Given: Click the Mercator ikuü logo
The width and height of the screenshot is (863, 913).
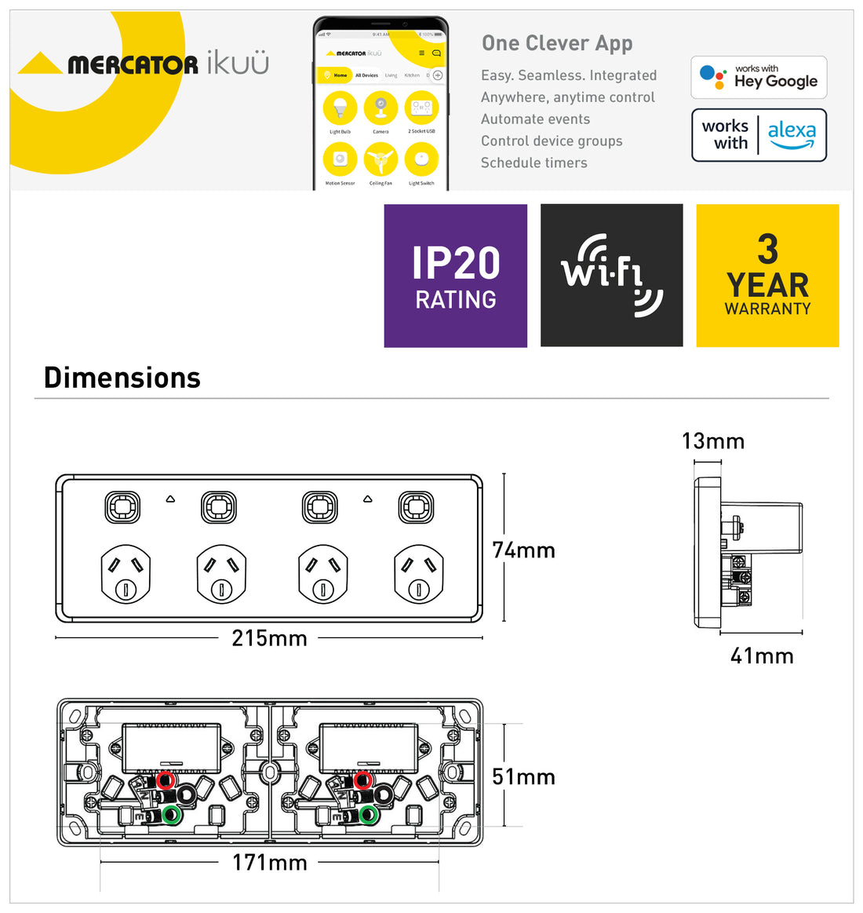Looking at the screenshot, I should (144, 64).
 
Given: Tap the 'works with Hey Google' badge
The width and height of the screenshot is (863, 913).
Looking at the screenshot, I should (759, 77).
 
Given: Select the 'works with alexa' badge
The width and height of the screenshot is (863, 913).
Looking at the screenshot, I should (759, 135).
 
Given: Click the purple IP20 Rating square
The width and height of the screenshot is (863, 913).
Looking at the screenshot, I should (455, 276).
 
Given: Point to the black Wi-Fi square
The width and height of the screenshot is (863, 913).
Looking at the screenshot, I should (611, 276).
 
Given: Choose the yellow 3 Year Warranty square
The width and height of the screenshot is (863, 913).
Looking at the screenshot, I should (767, 276).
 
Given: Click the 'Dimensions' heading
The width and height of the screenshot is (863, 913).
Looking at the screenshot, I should (122, 378).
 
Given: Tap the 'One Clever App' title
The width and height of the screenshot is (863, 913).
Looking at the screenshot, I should (557, 43).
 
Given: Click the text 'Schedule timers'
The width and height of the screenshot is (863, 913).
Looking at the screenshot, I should (533, 163).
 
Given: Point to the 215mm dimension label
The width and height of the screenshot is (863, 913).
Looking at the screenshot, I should (269, 638).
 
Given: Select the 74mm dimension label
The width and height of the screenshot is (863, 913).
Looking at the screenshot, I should (523, 550).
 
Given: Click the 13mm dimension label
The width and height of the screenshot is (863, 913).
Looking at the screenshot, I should (712, 441).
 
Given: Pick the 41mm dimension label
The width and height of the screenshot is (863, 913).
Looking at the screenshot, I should (762, 656).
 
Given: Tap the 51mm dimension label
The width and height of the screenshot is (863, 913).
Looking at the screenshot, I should (523, 776).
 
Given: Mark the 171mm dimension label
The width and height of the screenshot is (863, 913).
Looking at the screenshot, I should (269, 863).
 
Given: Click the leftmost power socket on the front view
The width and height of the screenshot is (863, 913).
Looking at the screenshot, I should (126, 574).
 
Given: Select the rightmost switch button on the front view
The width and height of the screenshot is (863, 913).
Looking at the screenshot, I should (416, 507).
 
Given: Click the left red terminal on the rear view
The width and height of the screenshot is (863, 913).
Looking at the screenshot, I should (165, 780).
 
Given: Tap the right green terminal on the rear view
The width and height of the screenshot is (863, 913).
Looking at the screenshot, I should (368, 815).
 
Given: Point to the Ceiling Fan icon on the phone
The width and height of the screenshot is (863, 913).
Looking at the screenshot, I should (381, 161).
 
